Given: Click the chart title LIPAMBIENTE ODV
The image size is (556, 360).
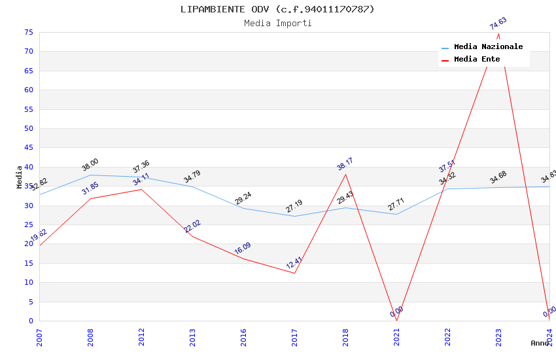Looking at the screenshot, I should [x=277, y=9].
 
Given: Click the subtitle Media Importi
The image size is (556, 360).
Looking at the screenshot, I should [x=277, y=24].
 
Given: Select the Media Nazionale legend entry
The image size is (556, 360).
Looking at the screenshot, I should [x=488, y=47].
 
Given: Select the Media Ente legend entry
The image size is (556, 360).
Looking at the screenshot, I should [x=477, y=60].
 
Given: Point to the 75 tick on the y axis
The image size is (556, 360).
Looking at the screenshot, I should [x=28, y=33].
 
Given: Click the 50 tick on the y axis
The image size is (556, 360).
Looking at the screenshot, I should [x=28, y=129].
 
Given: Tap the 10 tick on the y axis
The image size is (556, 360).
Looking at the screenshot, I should [x=28, y=283].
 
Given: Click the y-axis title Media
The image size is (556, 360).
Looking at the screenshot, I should [x=20, y=177].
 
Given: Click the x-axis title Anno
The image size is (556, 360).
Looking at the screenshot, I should [x=540, y=343].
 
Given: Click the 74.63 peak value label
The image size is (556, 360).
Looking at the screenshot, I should [x=498, y=24].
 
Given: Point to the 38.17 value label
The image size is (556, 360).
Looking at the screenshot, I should [x=345, y=164].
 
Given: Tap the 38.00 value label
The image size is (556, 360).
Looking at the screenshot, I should [x=90, y=164].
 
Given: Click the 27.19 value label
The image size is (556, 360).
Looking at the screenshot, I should [x=294, y=206].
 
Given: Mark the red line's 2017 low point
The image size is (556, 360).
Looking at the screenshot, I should [x=294, y=273].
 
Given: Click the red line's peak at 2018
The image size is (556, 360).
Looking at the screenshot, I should [x=345, y=174].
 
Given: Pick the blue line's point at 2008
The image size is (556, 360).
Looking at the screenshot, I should [x=90, y=175].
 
